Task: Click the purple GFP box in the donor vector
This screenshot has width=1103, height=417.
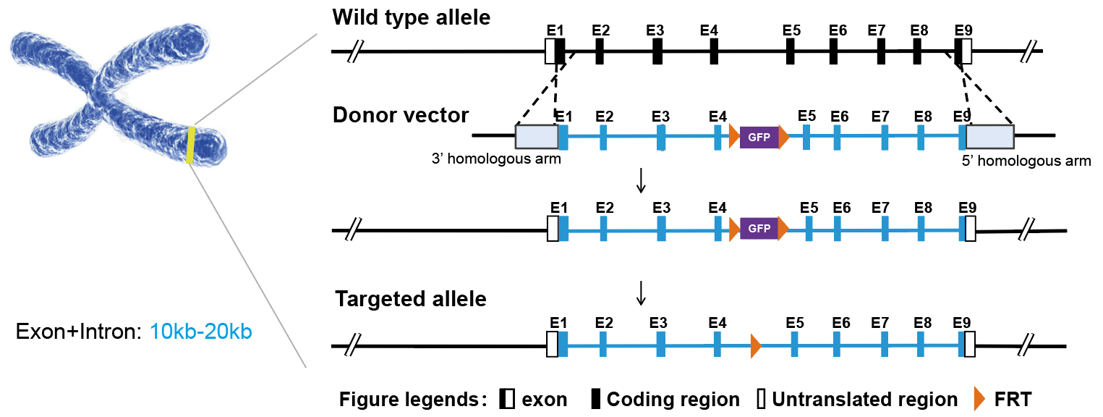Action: point(759,136)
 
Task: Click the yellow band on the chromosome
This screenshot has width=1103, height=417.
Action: point(191,145)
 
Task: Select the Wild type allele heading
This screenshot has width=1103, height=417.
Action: point(411,17)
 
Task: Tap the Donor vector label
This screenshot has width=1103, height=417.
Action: point(400,115)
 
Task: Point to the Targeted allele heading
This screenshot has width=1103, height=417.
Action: point(410,299)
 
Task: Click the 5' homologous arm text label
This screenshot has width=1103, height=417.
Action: point(1026,161)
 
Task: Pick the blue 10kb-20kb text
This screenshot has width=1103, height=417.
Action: point(200,333)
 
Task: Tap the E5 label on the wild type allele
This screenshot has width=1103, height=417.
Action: point(791,30)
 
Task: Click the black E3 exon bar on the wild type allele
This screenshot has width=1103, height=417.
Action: point(657,51)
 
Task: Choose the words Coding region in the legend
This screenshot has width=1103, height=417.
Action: point(673,399)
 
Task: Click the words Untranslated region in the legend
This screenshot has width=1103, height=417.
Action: point(864,399)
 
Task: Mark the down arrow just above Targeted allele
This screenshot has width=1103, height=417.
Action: point(640,293)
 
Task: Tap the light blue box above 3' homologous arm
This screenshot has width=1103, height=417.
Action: point(536,136)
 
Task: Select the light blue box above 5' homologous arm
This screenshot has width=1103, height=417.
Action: point(989,136)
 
